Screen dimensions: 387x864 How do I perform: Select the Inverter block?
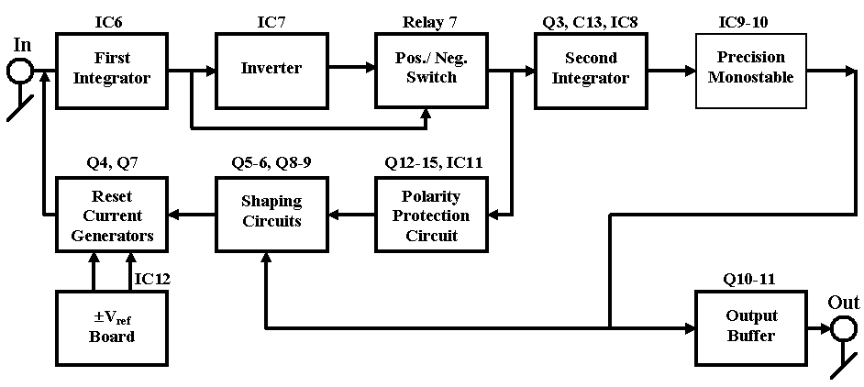(x=271, y=69)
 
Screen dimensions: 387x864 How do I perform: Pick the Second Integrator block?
(x=591, y=71)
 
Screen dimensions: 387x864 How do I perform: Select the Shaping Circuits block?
(x=271, y=216)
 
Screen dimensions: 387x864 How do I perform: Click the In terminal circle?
(x=19, y=71)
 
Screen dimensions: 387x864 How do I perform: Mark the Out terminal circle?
(x=844, y=328)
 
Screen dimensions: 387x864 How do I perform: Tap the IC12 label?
(x=152, y=278)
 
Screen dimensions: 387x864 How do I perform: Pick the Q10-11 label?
(x=750, y=278)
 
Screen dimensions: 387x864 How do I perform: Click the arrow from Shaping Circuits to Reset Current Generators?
(x=191, y=216)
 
